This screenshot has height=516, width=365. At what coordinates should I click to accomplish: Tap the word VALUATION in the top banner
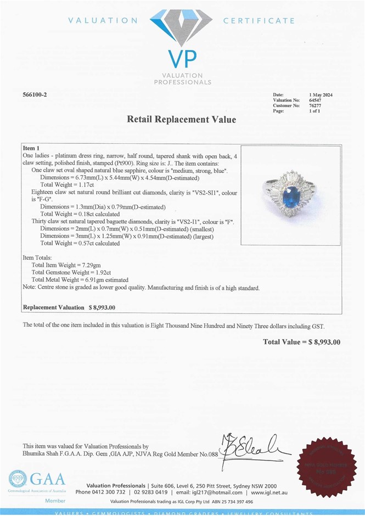pos(103,21)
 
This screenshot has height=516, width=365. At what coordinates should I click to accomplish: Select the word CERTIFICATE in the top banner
pos(259,21)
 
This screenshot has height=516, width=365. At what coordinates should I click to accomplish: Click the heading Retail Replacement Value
pos(182,119)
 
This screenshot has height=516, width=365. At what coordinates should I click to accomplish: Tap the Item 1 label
pos(31,149)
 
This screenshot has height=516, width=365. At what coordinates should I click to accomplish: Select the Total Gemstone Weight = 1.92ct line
pos(71,272)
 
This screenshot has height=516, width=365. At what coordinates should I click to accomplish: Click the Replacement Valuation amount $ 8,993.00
pos(102,308)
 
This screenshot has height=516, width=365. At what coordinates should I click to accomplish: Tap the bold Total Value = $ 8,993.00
pos(301,342)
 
